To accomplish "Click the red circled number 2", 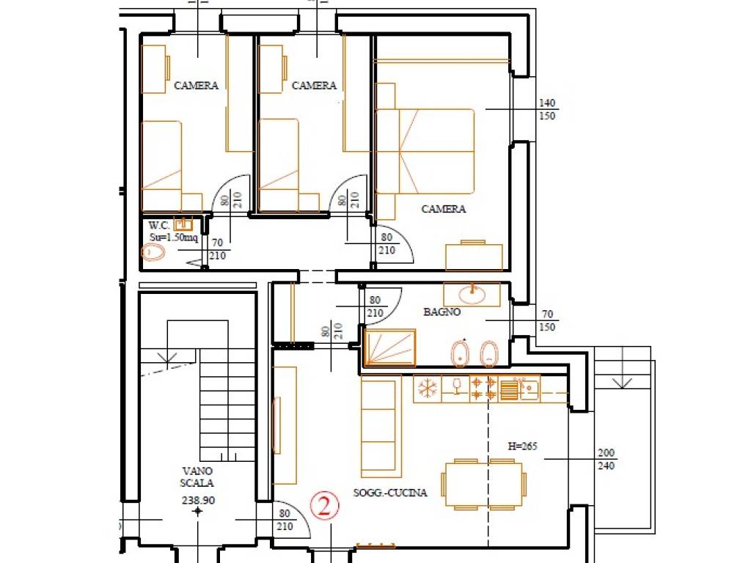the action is click(324, 506).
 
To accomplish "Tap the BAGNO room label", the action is click(442, 312).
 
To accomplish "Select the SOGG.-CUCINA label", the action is click(390, 493).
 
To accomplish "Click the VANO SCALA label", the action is click(197, 476).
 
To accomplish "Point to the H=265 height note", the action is click(522, 446).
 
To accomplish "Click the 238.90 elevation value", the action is click(198, 500).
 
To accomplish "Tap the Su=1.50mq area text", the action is click(173, 238).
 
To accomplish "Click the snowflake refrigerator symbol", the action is click(426, 389).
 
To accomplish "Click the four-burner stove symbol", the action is click(483, 389).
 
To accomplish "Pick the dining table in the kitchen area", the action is click(484, 484).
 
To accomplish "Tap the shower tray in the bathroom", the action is click(390, 347).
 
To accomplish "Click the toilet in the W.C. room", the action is click(153, 252).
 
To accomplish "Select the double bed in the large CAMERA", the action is click(425, 151).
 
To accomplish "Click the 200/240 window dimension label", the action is click(606, 459).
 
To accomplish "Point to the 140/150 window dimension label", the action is click(547, 109).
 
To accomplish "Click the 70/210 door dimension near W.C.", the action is click(217, 249).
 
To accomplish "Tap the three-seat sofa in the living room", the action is click(381, 426).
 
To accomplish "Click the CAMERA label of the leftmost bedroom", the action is click(196, 86).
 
